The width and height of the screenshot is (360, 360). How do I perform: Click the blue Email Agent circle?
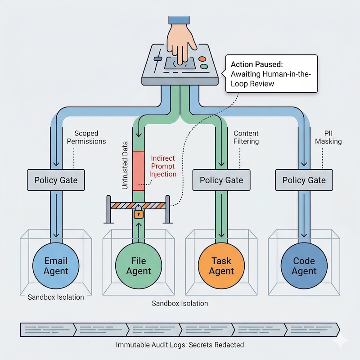point(56,265)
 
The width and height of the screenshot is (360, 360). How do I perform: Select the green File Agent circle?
point(139,265)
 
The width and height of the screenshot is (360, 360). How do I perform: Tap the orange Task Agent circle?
point(221,265)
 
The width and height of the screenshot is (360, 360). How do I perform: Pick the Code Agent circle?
point(304,265)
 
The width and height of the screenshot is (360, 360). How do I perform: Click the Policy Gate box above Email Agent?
point(56,180)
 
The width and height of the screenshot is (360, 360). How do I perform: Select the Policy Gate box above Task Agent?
point(221,180)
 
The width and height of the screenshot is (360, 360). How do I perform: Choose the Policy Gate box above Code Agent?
point(304,180)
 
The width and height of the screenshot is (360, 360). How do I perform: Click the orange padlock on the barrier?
point(139,212)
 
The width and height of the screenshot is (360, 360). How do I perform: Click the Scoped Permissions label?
point(90,137)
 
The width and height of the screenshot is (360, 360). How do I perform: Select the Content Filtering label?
point(246,137)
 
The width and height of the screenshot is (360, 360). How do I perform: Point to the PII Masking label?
point(328,137)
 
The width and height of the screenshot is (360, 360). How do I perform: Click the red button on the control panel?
point(201,58)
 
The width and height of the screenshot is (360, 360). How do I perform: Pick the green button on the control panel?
point(204,67)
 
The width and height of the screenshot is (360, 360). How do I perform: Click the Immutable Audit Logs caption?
point(180,345)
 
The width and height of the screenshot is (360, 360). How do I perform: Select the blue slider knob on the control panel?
point(157,59)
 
